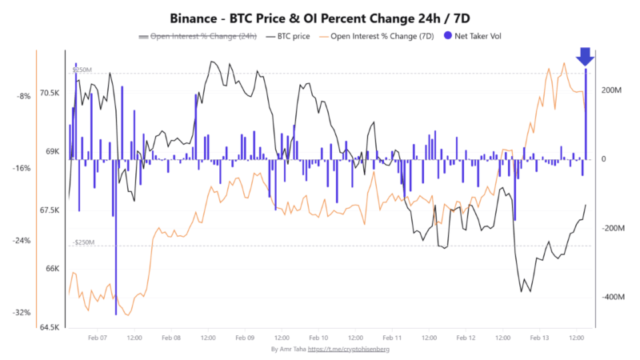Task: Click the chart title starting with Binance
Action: [x=320, y=17]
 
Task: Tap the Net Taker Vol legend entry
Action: [x=478, y=36]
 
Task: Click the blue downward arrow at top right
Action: [x=585, y=56]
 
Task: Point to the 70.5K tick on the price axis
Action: [x=50, y=93]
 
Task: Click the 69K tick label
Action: [x=52, y=151]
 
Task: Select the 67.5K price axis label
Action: [x=50, y=210]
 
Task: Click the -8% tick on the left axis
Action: [x=23, y=96]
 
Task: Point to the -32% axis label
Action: [x=22, y=313]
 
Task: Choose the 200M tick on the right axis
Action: [x=611, y=90]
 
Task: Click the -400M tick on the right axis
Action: [x=611, y=298]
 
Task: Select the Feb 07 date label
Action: [x=97, y=338]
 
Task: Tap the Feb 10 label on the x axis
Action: [x=318, y=338]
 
